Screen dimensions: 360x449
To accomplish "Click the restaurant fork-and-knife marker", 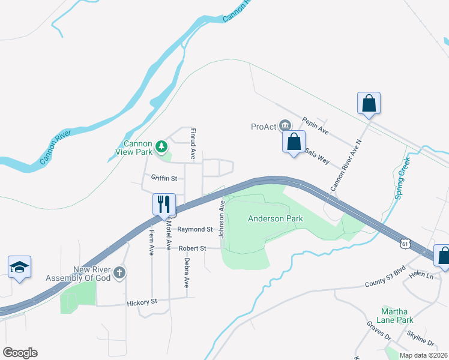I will [164, 205].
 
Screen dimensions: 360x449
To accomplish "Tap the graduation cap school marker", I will [19, 268].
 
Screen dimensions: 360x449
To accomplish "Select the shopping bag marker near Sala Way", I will [294, 143].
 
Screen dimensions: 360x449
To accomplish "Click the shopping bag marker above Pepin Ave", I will [369, 103].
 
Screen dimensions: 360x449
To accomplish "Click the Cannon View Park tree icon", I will [161, 146].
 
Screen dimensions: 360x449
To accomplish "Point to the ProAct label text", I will [264, 126].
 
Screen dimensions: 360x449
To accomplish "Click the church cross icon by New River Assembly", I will [119, 274].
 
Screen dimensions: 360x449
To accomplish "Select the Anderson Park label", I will [276, 219].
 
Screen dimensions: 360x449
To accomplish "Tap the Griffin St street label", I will [164, 178].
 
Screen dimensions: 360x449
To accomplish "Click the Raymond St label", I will [195, 229].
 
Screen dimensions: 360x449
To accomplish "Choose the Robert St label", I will [193, 248].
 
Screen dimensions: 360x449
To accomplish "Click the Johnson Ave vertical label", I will [221, 218].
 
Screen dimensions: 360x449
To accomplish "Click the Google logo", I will [20, 353].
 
